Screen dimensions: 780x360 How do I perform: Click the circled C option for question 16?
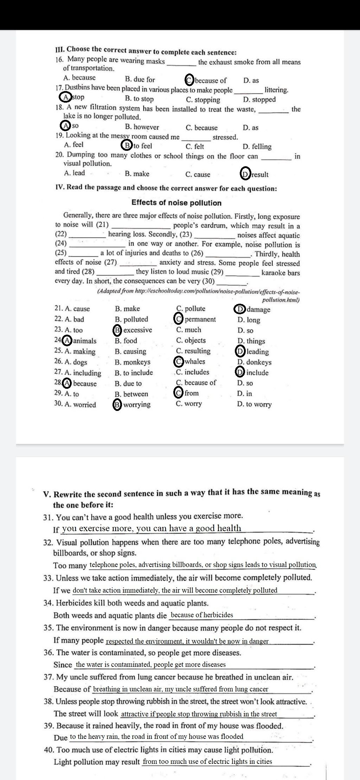point(190,80)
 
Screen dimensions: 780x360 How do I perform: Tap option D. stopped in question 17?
point(259,99)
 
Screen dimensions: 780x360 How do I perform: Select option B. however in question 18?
point(142,127)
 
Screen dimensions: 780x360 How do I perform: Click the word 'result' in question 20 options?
point(260,174)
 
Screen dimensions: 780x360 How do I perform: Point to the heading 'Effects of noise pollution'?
point(176,203)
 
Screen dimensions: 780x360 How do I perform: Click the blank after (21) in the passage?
point(141,226)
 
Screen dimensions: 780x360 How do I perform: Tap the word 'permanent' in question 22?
point(200,319)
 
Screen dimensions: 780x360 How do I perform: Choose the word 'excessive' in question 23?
point(138,330)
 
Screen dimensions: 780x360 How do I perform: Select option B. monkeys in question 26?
point(133,362)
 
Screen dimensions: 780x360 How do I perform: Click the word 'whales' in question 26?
point(195,361)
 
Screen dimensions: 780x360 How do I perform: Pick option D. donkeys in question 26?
point(254,362)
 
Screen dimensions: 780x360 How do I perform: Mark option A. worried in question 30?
point(75,405)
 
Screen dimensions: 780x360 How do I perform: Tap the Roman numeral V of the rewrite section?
point(46,494)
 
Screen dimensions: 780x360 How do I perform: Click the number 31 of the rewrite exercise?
point(48,517)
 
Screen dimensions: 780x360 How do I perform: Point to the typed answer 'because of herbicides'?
point(202,615)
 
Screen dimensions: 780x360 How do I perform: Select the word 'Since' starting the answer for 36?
point(63,665)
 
